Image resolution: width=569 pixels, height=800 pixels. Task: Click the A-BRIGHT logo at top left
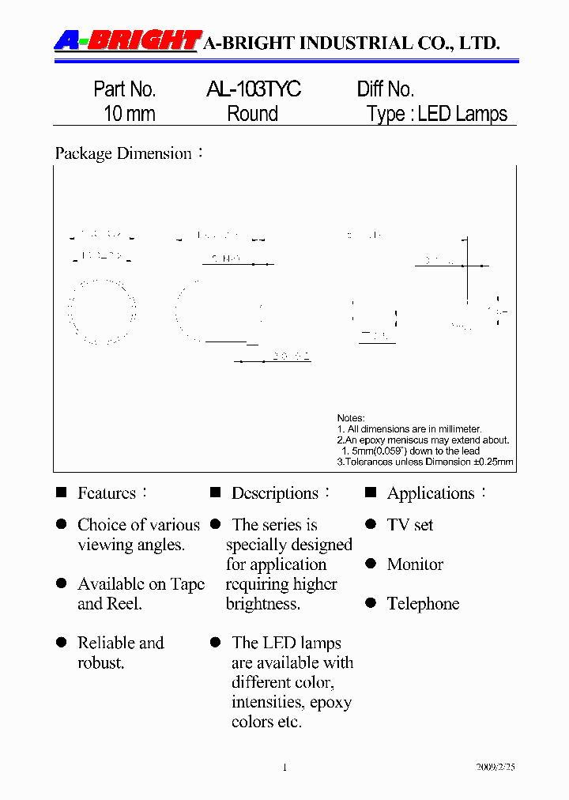[x=126, y=40]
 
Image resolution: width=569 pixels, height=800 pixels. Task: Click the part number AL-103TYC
[x=253, y=89]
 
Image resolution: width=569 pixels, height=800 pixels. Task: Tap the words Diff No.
[x=386, y=89]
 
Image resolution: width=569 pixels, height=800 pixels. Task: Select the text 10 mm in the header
[x=130, y=114]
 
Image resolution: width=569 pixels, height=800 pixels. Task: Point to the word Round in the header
[x=253, y=114]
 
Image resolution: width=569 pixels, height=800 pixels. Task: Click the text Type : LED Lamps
[x=437, y=114]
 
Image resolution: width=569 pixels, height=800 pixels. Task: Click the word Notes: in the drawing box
[x=351, y=418]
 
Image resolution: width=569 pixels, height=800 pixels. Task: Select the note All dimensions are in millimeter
[x=414, y=429]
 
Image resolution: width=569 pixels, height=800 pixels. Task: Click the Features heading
[x=107, y=493]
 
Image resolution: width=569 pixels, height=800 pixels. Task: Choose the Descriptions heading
[x=275, y=493]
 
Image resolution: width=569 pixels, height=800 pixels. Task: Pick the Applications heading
[x=431, y=493]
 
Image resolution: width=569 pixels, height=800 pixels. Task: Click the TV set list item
[x=410, y=525]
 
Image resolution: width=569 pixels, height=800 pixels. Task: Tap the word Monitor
[x=415, y=564]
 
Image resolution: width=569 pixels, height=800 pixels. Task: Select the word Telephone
[x=423, y=604]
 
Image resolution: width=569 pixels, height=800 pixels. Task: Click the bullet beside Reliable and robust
[x=61, y=643]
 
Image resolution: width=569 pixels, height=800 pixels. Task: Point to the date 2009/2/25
[x=496, y=768]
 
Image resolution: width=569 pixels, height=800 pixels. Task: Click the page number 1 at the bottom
[x=284, y=768]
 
